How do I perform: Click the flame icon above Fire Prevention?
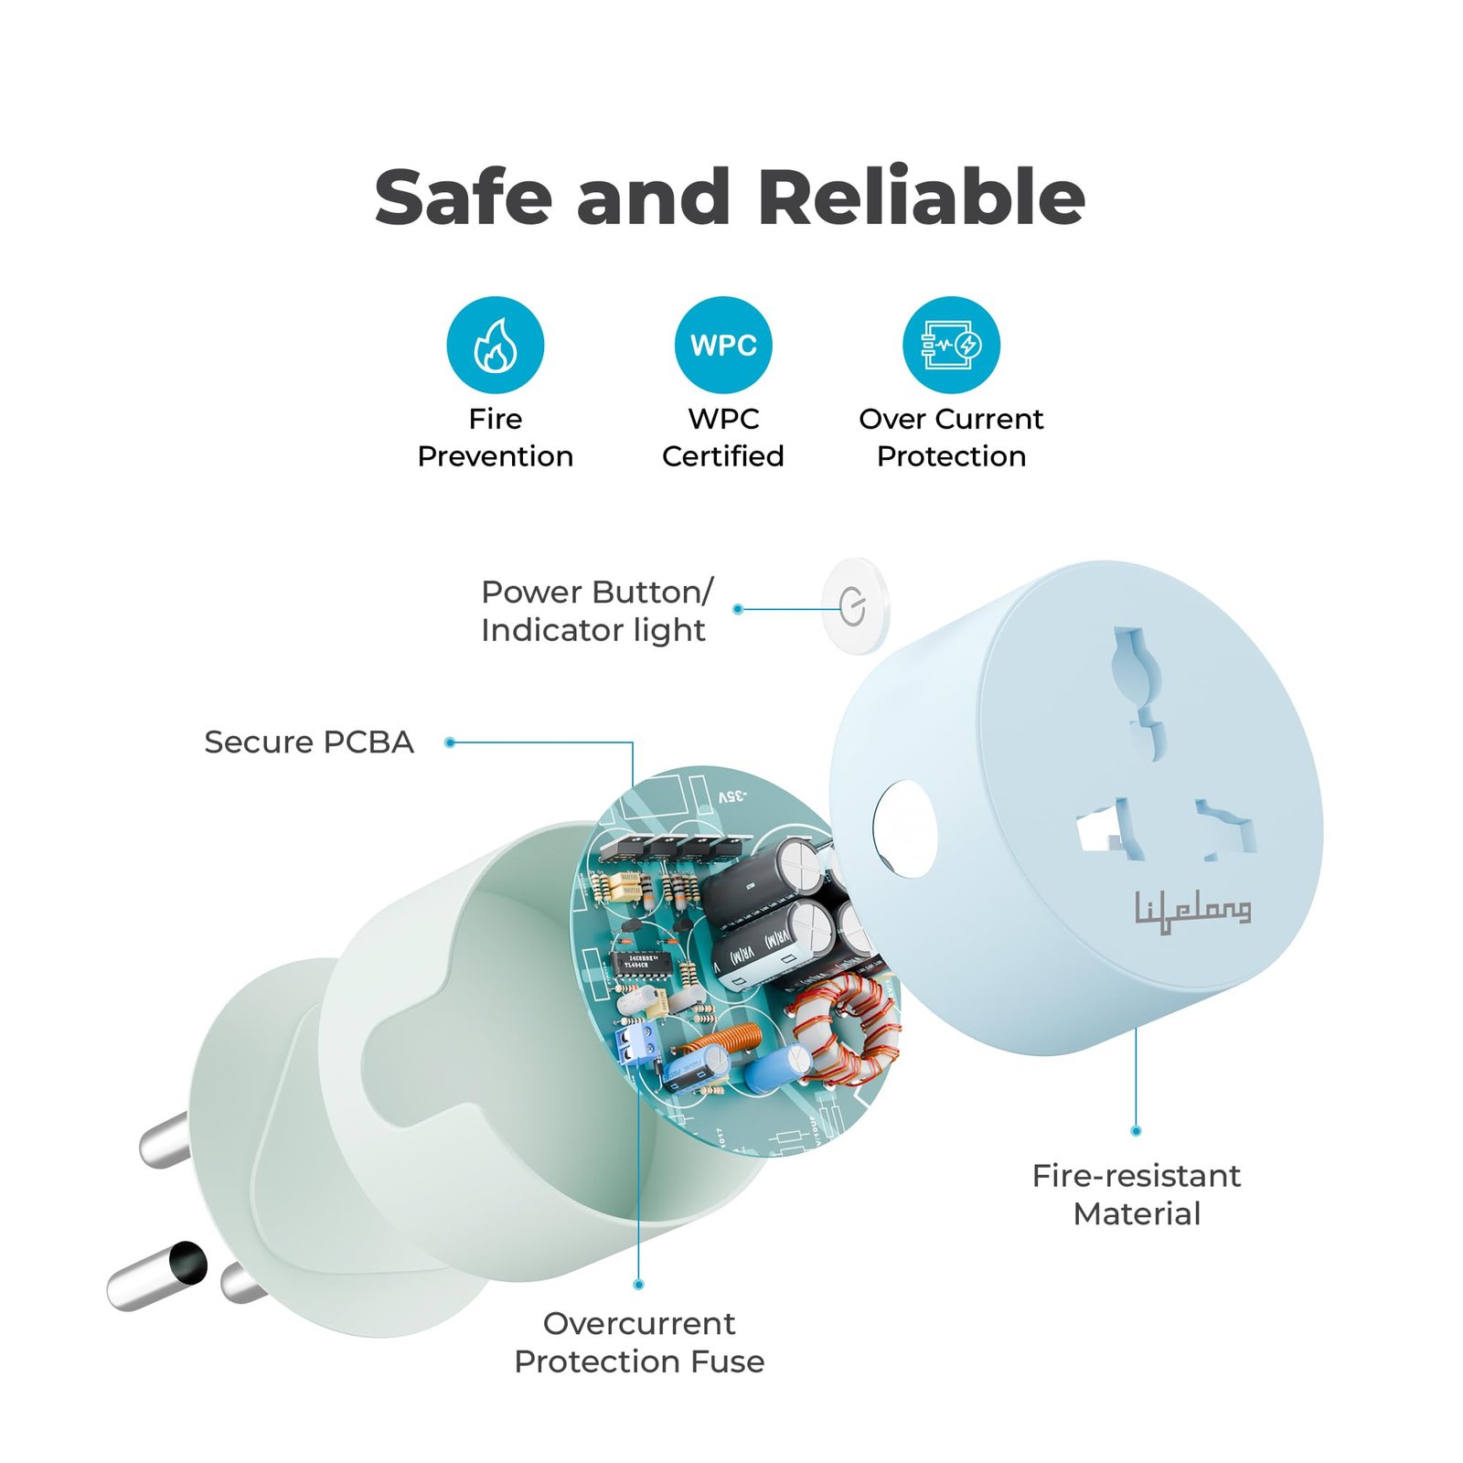click(x=495, y=345)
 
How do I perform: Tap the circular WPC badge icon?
click(x=722, y=345)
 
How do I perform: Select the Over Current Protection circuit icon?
click(x=951, y=345)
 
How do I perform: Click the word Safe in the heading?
click(x=464, y=197)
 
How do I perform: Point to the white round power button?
click(x=855, y=606)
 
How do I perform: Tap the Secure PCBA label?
click(x=308, y=742)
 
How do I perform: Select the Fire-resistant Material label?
click(x=1136, y=1193)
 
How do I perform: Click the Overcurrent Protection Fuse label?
click(x=638, y=1341)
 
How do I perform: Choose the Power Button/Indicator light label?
click(x=595, y=610)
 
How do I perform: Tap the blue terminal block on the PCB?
click(x=638, y=1043)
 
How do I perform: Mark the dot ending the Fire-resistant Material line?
click(x=1136, y=1131)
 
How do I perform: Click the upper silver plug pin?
click(x=165, y=1140)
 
